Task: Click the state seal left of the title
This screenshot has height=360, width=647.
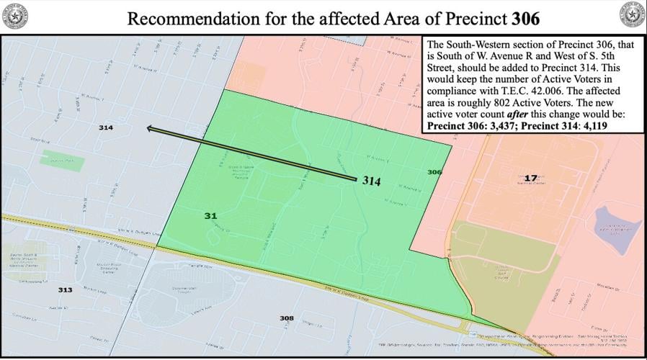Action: point(14,14)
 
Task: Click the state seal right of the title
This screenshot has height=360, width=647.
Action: point(632,14)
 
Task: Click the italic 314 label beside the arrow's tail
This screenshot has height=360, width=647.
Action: point(371,181)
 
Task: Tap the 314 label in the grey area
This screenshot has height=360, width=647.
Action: point(106,127)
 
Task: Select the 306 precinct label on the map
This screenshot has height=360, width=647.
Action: point(434,172)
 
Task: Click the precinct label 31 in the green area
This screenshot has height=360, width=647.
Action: point(210,215)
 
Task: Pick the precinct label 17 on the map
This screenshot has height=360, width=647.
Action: point(531,178)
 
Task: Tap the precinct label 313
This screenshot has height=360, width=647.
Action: point(65,289)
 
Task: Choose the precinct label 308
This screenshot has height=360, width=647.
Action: point(287,318)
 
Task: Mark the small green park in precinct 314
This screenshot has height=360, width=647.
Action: point(61,159)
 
